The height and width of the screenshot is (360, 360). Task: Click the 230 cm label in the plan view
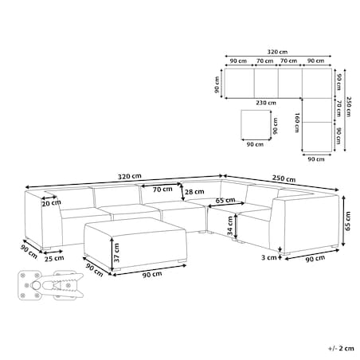pyautogui.click(x=266, y=103)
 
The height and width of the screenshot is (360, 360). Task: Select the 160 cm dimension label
pyautogui.click(x=297, y=123)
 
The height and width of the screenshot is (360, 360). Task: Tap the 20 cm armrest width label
pyautogui.click(x=51, y=203)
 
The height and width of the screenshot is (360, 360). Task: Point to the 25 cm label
pyautogui.click(x=54, y=258)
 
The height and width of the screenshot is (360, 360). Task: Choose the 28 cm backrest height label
pyautogui.click(x=194, y=192)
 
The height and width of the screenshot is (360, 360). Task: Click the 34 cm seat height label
pyautogui.click(x=230, y=226)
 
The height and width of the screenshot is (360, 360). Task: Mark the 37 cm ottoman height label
pyautogui.click(x=116, y=252)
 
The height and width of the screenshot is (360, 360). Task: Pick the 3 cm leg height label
pyautogui.click(x=269, y=257)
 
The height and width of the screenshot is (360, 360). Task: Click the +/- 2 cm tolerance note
pyautogui.click(x=341, y=348)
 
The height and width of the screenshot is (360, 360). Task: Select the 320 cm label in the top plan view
pyautogui.click(x=277, y=52)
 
